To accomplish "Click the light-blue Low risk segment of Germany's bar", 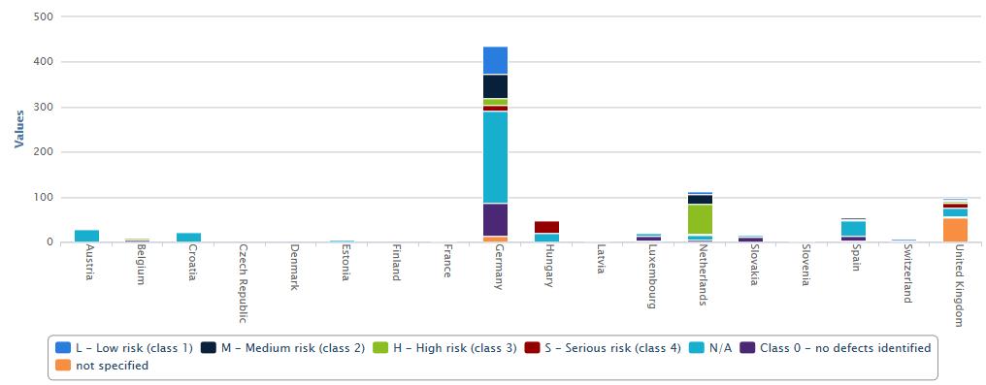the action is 496,60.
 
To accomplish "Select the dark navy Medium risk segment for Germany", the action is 496,86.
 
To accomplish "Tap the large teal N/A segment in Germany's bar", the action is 496,158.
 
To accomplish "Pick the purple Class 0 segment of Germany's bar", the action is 496,220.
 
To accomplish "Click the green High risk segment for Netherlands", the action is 700,219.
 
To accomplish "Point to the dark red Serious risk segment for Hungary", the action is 547,227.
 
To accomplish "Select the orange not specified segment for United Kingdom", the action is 955,230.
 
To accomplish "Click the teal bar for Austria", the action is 86,237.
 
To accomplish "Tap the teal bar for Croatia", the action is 188,238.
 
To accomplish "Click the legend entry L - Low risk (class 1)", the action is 124,347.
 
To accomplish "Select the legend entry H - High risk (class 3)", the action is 444,347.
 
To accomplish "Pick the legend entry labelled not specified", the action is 102,365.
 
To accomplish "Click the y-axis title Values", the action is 18,129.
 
